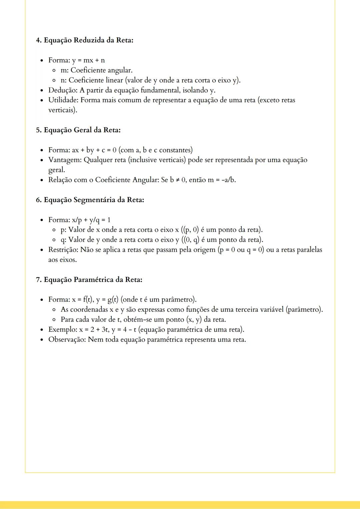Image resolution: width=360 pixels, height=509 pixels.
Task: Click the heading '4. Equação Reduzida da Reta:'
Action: tap(85, 40)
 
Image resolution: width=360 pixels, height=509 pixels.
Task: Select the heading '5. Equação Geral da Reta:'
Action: tap(78, 130)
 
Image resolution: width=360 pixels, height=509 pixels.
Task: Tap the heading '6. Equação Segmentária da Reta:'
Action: tap(90, 200)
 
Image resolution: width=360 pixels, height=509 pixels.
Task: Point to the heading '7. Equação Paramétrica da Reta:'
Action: tap(89, 280)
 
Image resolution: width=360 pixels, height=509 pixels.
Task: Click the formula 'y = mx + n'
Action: tap(88, 60)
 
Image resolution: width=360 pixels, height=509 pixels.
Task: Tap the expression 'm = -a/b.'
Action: tap(222, 180)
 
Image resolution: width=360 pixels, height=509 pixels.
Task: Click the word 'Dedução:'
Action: tap(63, 90)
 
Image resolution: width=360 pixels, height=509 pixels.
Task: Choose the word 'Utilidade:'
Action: tap(63, 100)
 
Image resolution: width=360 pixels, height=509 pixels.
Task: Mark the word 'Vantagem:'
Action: tap(65, 160)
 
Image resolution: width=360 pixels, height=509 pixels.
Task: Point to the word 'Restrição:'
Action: tap(63, 250)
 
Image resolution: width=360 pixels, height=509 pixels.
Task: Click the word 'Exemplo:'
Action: tap(63, 330)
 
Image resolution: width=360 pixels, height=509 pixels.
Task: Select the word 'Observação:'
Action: tap(67, 340)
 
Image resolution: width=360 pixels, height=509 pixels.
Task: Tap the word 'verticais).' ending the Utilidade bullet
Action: tap(63, 110)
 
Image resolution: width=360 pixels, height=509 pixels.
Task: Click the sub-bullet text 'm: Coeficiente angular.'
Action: tap(96, 70)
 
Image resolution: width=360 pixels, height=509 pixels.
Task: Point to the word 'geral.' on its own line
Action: tap(57, 170)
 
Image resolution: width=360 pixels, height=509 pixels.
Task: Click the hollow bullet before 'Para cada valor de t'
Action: tap(53, 320)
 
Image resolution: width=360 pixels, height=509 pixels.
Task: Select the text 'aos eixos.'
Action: tap(63, 260)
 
